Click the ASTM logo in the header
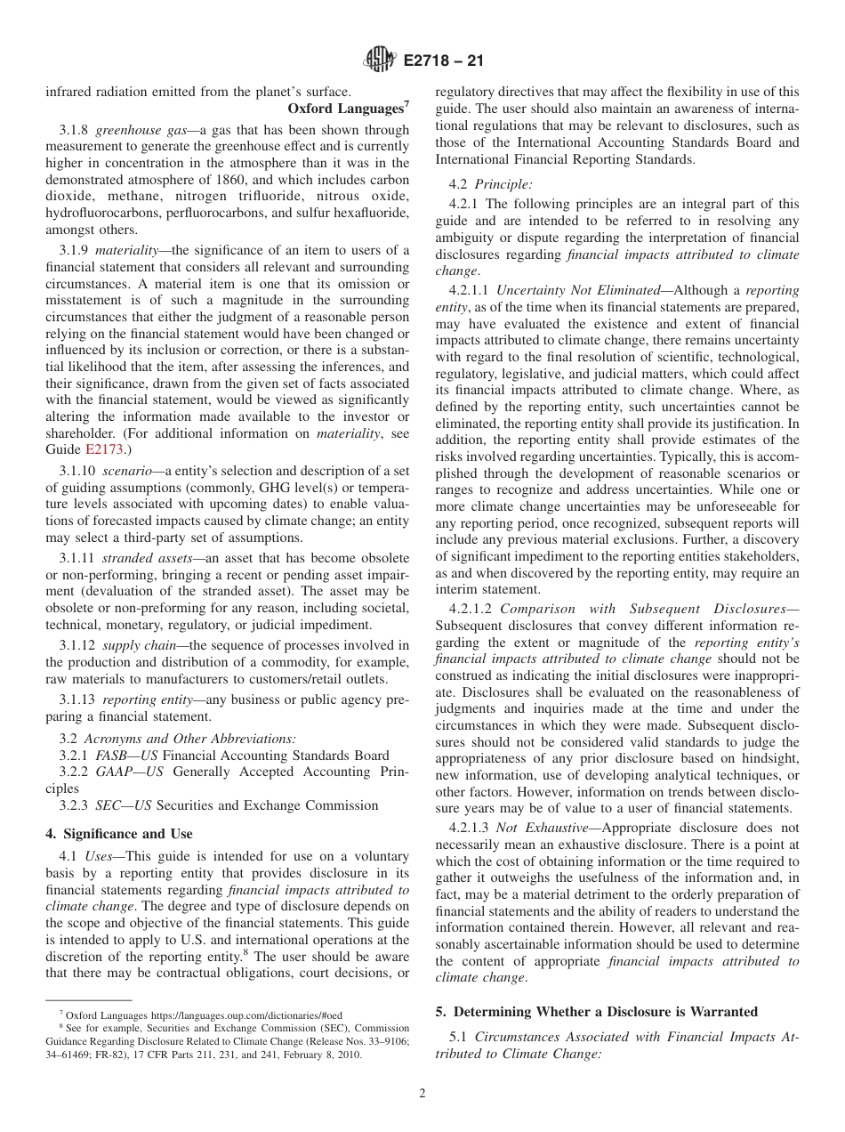[x=380, y=61]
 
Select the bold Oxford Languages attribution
[x=345, y=108]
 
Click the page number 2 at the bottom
[x=422, y=1094]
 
